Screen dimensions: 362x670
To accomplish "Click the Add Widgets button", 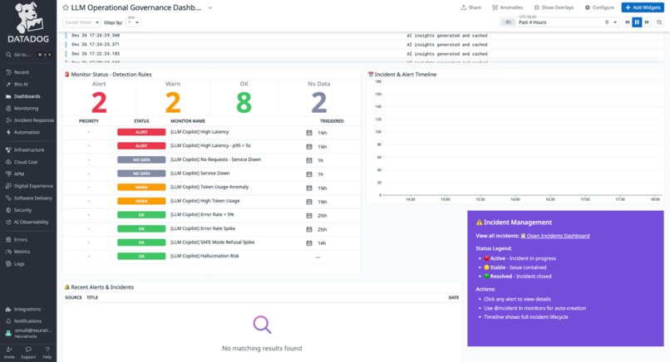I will (x=643, y=7).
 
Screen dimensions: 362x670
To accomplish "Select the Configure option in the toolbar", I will (x=599, y=7).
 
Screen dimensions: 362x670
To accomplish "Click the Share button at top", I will (x=471, y=7).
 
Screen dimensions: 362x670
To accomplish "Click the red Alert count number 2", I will (x=99, y=102).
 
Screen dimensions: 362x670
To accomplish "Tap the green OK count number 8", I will (x=244, y=102).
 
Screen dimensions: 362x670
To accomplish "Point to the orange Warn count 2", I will (x=173, y=102).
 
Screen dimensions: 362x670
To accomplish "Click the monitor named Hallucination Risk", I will (x=204, y=257).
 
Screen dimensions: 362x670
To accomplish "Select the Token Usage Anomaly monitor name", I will (x=209, y=188).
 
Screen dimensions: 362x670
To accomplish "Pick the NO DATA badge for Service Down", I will (x=141, y=174).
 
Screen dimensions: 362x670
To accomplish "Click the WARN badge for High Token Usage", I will (x=141, y=201).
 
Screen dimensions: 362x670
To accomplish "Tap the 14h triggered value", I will (x=321, y=242).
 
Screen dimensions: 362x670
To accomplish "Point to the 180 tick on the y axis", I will (x=377, y=82).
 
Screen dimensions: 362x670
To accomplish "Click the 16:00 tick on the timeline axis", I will (x=515, y=199).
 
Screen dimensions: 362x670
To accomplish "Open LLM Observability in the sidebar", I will (x=31, y=223).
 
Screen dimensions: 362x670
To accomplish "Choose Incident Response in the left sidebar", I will (x=33, y=120).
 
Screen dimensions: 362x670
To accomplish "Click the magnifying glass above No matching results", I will (x=262, y=325).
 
